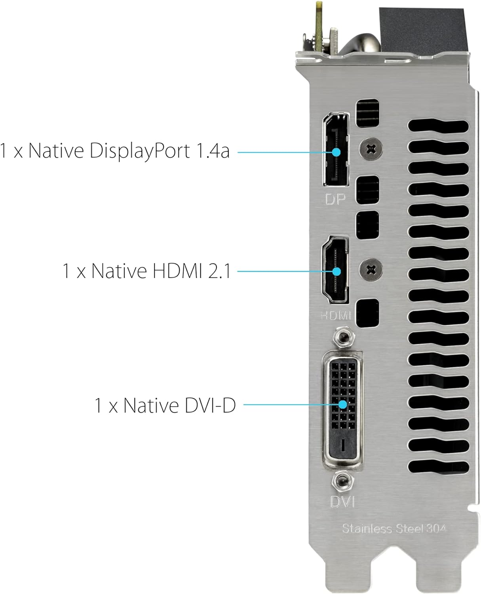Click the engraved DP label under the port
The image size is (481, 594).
[335, 199]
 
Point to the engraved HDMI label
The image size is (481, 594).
[336, 315]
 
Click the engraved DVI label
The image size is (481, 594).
[342, 502]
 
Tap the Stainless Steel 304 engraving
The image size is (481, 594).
[394, 529]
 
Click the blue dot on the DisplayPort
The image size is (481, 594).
[336, 152]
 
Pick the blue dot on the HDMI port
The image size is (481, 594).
[336, 271]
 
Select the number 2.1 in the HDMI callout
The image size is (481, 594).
[219, 271]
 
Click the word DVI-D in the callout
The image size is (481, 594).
[210, 405]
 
